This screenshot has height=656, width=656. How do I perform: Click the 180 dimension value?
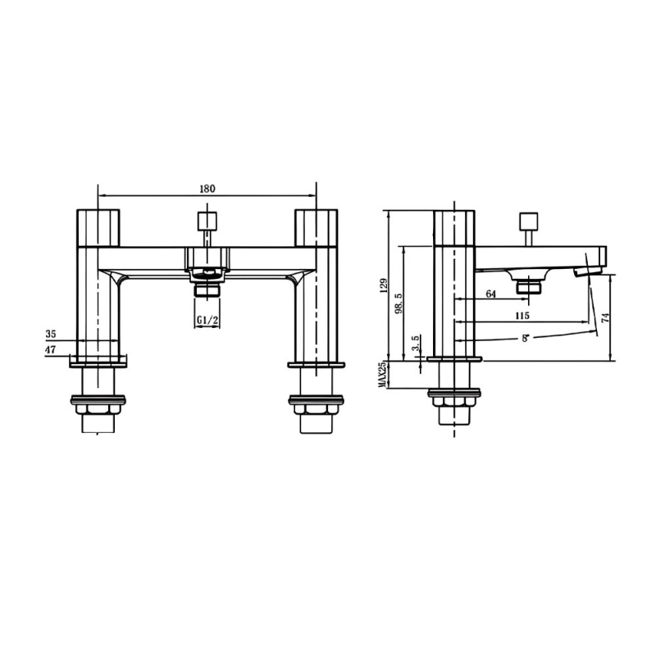(207, 189)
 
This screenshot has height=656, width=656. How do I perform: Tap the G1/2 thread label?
(207, 320)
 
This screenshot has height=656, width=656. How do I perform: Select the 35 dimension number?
(51, 335)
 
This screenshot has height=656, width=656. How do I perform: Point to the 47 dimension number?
(51, 350)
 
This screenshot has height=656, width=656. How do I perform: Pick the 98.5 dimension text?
(398, 303)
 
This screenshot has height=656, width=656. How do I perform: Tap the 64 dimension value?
(491, 294)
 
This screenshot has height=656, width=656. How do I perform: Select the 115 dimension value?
(520, 316)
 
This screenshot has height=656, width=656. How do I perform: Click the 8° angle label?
(522, 335)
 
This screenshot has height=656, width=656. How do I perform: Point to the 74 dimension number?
(606, 319)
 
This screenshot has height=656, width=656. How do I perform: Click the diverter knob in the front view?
(207, 221)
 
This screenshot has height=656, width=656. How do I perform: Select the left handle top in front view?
(98, 226)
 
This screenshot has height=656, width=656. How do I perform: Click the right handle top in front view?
(317, 226)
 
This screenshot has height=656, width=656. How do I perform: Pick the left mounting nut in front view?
(98, 408)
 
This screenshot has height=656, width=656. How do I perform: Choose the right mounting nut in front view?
(317, 408)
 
